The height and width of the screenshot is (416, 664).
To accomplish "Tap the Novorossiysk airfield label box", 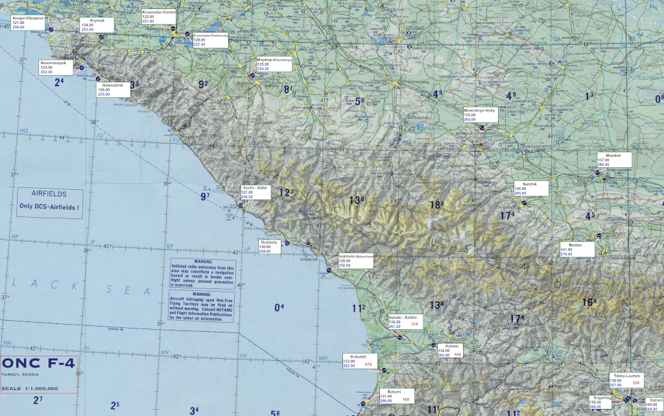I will pyautogui.click(x=54, y=67).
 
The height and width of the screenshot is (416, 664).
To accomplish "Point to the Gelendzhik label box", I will pyautogui.click(x=113, y=89).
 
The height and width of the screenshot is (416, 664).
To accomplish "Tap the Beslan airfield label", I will pyautogui.click(x=576, y=249).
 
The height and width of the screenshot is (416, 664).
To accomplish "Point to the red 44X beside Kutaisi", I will pyautogui.click(x=457, y=354).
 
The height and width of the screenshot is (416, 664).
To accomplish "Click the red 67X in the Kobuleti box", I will pyautogui.click(x=368, y=365).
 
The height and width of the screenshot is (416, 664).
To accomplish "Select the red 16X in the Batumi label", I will pyautogui.click(x=405, y=400).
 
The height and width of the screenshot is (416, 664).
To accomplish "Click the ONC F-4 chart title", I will pyautogui.click(x=39, y=364).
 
